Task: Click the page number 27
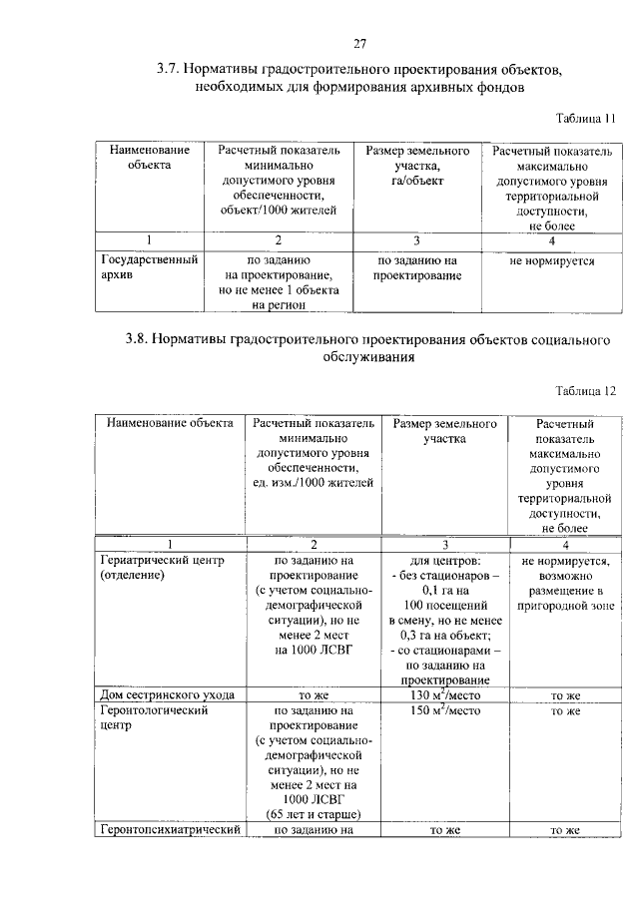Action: pos(360,43)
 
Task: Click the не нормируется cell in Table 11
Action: pos(551,261)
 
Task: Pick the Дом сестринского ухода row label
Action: pos(168,694)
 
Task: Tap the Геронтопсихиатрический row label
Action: pos(169,830)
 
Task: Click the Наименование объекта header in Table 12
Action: pos(169,423)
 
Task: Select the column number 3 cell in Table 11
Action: pos(416,240)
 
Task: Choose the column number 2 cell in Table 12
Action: pos(314,545)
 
